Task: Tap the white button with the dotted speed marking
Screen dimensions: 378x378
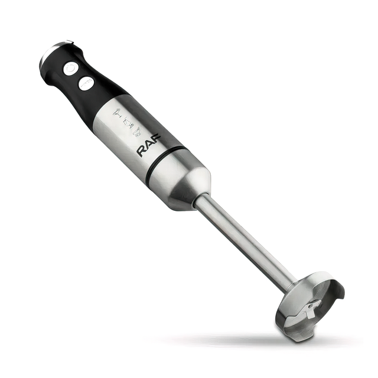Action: coord(86,83)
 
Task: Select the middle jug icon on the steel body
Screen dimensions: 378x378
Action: coord(128,122)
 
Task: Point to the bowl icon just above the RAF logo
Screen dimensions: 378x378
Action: coord(138,132)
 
